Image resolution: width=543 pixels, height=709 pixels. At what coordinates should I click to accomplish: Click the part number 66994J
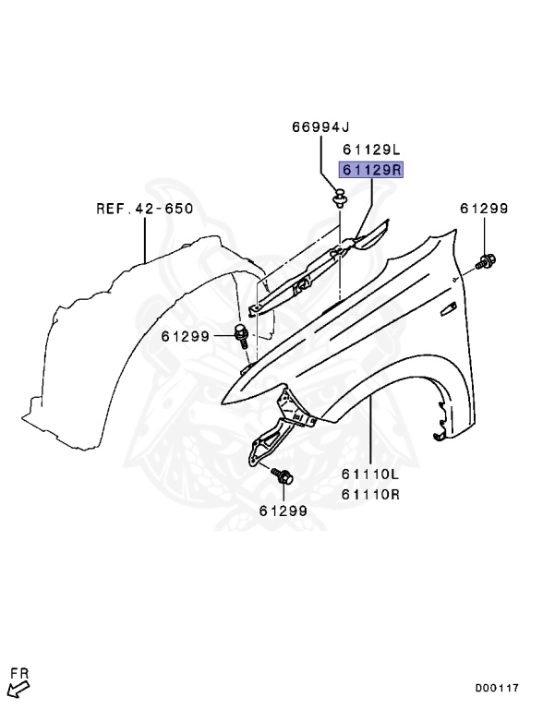click(320, 127)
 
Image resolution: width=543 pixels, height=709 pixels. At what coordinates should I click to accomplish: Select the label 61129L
click(371, 150)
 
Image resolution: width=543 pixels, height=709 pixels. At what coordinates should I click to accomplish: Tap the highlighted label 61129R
click(371, 170)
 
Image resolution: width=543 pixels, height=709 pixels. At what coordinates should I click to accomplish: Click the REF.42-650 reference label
click(145, 209)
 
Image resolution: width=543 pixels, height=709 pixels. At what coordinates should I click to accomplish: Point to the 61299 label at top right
click(484, 209)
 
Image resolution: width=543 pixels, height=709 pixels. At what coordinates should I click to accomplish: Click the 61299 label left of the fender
click(186, 336)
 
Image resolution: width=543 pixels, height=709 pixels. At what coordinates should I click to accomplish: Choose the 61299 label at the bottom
click(284, 511)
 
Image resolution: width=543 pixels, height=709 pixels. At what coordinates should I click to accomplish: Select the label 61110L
click(370, 475)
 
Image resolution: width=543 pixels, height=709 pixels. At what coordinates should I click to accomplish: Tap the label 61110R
click(370, 494)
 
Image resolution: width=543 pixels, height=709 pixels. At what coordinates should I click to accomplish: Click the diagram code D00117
click(497, 688)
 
